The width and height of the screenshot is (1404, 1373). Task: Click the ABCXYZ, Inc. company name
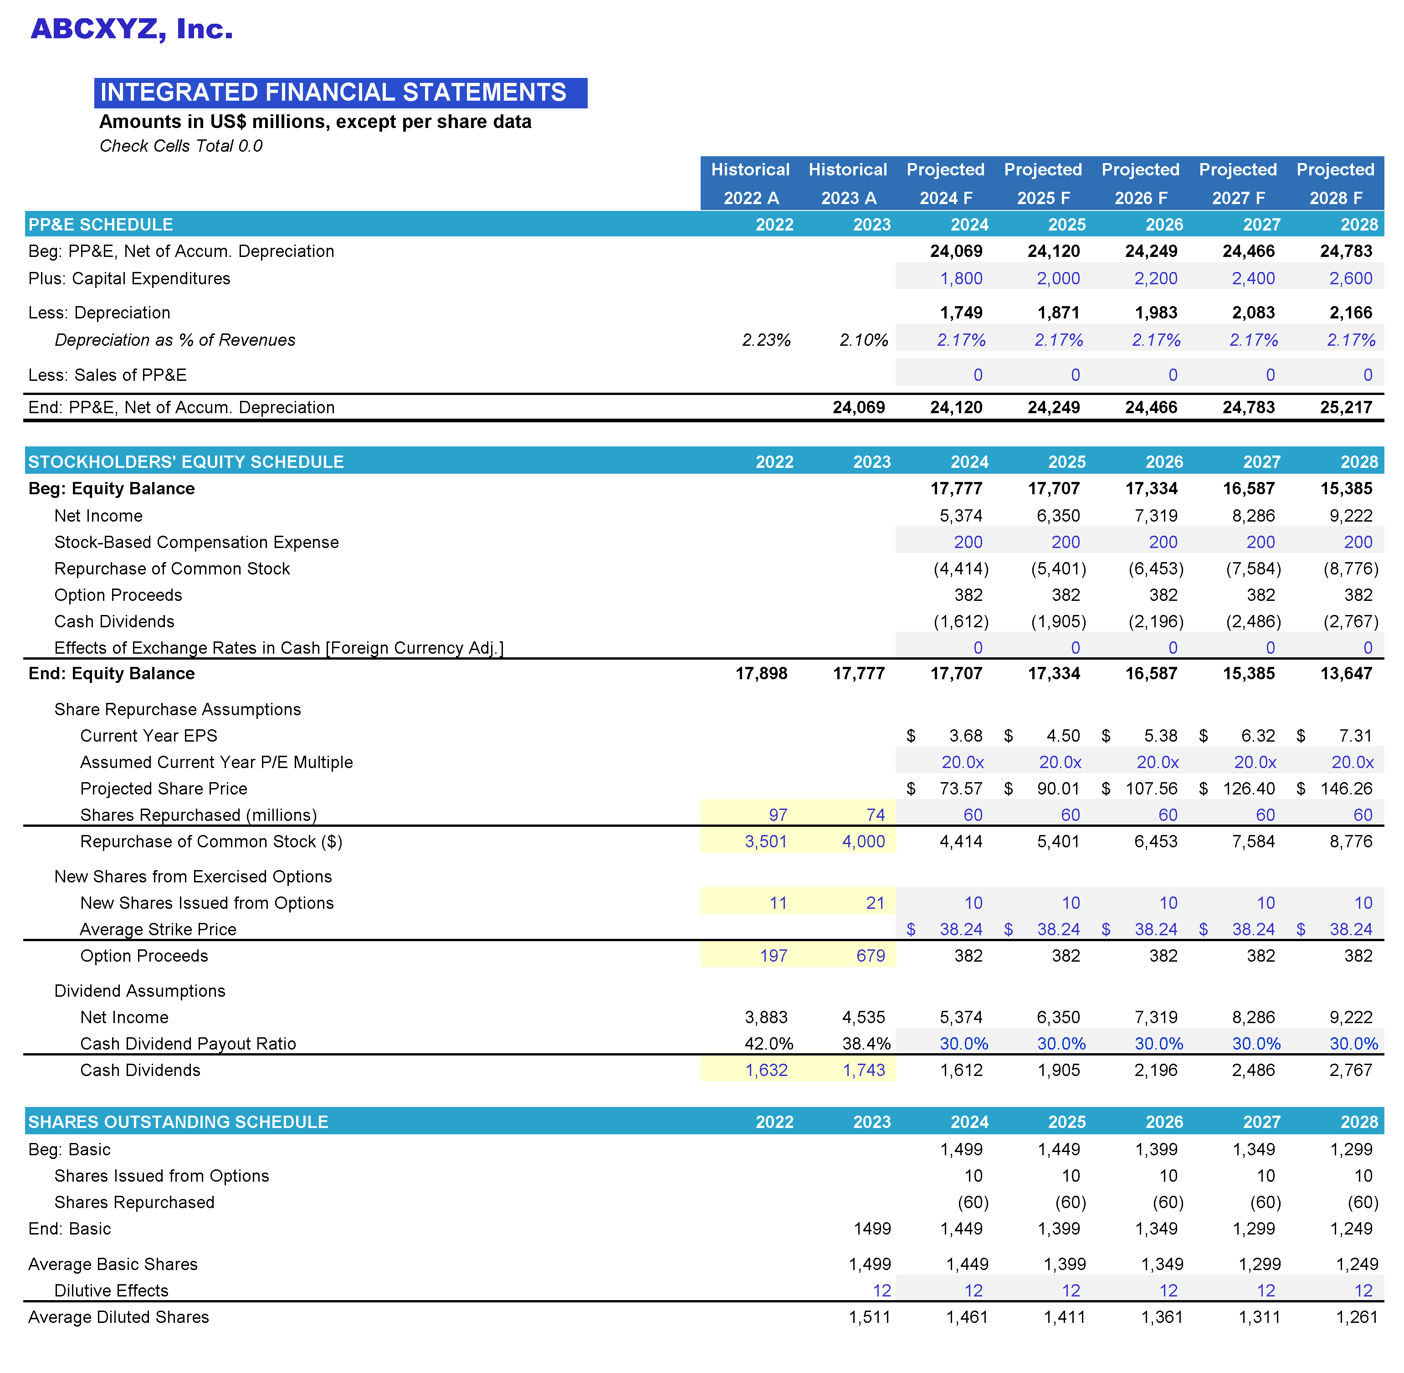132,29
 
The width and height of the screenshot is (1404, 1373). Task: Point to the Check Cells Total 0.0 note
180,146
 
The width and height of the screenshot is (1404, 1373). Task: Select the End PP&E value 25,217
1346,407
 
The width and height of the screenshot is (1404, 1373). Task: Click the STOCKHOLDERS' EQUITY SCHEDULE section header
186,461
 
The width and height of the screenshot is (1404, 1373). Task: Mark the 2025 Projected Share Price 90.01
1058,788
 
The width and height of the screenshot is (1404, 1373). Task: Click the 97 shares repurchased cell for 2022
777,815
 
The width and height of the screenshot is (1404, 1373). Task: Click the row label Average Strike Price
158,929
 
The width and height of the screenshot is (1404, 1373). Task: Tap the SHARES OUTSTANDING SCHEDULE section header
178,1122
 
